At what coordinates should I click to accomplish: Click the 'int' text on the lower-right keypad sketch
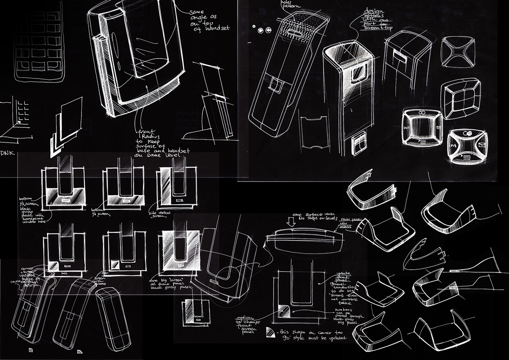[x=453, y=144]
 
